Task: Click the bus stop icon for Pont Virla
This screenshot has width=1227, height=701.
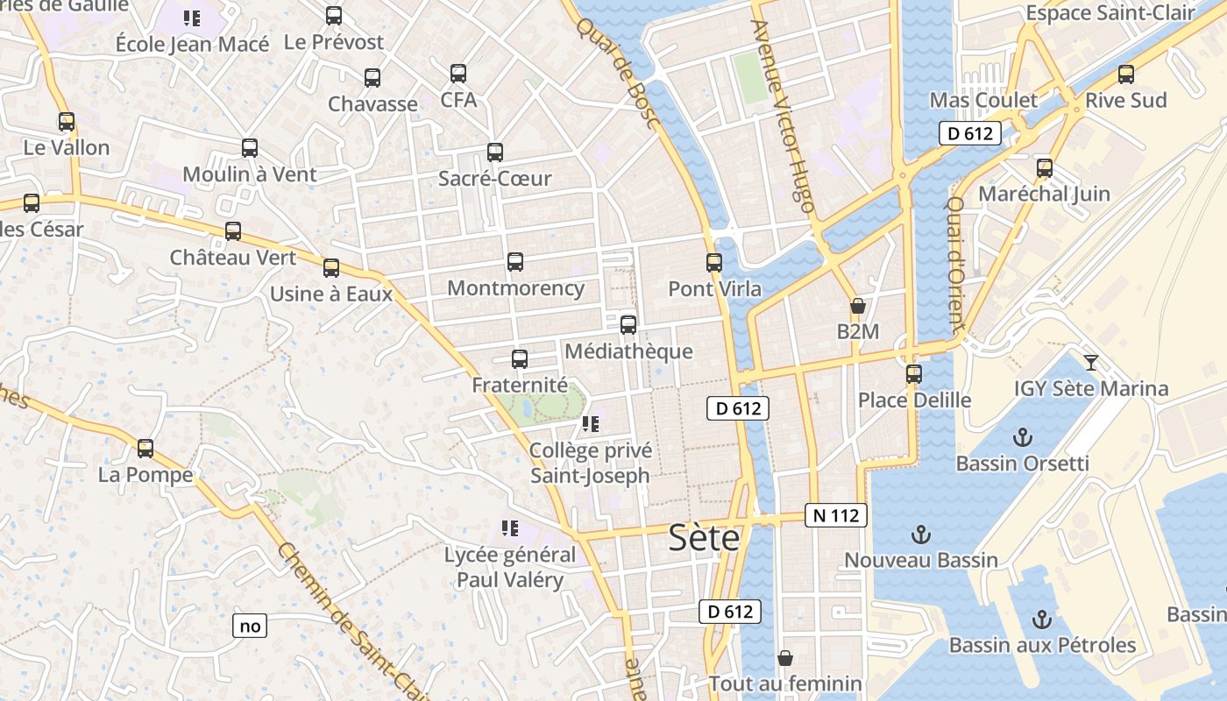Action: [714, 262]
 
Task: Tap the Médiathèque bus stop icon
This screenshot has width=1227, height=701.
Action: [628, 325]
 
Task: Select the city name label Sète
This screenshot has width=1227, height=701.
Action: [704, 537]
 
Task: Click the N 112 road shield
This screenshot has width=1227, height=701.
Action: [836, 515]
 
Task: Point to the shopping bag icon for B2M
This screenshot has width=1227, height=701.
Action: [858, 306]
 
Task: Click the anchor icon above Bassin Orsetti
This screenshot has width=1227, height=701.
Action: [1022, 436]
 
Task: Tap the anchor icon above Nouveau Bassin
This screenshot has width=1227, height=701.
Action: [921, 534]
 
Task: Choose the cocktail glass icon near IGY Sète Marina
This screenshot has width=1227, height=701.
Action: [1091, 362]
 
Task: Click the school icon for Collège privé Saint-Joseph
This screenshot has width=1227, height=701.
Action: [591, 424]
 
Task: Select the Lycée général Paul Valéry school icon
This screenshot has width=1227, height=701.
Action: [510, 528]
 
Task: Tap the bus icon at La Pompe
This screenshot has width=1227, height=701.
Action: [145, 449]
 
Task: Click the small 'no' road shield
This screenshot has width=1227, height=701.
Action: [250, 626]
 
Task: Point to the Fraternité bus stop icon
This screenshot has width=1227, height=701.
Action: [520, 358]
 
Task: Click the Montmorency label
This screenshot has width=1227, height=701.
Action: [515, 287]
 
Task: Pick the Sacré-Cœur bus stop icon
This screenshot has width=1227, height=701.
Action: [495, 152]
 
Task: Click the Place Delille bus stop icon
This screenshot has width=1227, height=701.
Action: [914, 374]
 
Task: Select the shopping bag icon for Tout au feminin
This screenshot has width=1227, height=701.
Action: [785, 657]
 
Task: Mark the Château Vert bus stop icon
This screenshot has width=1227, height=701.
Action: [233, 231]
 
